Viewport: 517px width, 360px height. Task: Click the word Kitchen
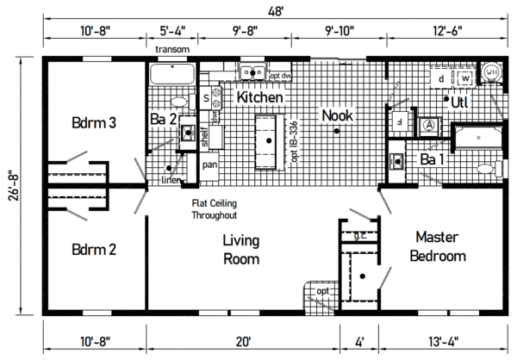click(260, 98)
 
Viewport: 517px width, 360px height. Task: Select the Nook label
click(336, 114)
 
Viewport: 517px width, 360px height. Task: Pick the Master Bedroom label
click(438, 245)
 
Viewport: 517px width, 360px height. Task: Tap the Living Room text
click(241, 249)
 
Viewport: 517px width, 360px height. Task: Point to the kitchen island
click(268, 138)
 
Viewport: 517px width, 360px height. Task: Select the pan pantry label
click(209, 164)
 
